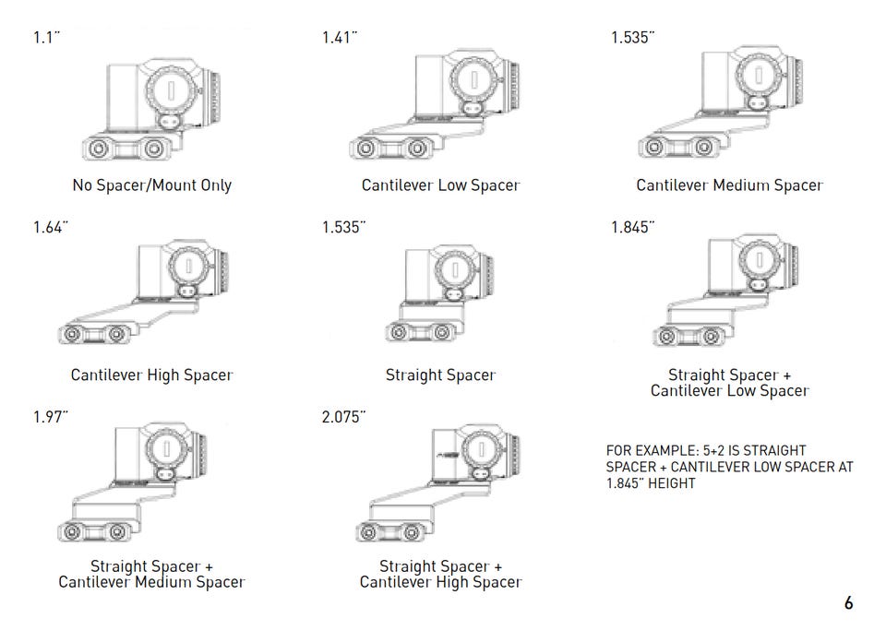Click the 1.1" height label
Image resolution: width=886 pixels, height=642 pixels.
point(46,38)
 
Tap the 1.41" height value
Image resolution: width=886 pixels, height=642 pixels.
point(340,38)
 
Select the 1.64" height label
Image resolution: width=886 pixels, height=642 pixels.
point(50,228)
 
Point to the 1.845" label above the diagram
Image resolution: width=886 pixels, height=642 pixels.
point(633,228)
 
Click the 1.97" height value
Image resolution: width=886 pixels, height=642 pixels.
point(50,417)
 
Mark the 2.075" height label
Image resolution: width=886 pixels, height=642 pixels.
point(343,417)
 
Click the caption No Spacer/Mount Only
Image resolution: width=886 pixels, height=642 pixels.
point(152,185)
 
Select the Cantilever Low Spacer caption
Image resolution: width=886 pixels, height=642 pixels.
point(441,185)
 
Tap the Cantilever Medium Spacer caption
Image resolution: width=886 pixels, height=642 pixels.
point(729,185)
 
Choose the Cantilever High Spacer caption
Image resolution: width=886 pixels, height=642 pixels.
point(152,374)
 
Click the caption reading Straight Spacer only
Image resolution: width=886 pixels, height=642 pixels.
point(441,374)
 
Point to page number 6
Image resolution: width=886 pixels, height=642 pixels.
point(849,603)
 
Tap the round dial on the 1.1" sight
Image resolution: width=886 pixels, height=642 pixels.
point(172,90)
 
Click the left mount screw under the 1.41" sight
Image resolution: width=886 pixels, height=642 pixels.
point(365,149)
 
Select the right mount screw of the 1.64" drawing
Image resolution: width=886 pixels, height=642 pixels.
point(116,334)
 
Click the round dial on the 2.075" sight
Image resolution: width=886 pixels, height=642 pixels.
point(481,450)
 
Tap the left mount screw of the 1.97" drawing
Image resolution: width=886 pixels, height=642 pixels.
point(72,532)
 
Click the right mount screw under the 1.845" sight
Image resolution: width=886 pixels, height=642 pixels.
point(711,337)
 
